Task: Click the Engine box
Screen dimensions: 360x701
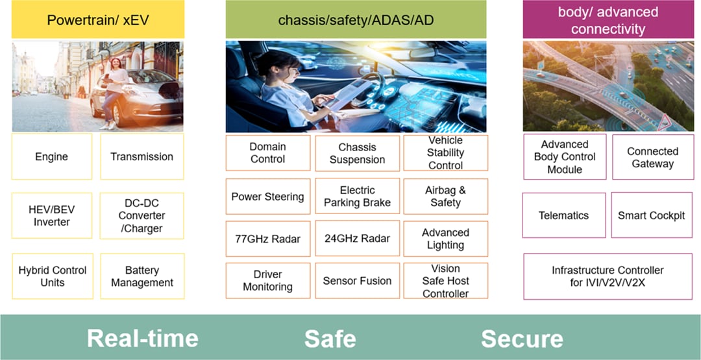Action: pos(52,156)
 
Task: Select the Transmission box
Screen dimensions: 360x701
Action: pos(141,156)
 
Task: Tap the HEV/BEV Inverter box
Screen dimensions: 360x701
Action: pos(52,215)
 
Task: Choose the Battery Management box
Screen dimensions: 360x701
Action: pos(141,276)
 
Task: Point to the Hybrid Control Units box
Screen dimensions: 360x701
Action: pos(52,276)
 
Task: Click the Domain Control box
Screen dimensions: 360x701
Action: pos(267,153)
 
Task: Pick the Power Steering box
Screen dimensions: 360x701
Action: pos(267,197)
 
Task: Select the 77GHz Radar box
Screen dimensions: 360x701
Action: pos(267,239)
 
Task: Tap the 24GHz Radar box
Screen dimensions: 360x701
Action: pos(357,239)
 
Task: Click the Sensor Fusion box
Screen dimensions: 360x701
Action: pos(357,281)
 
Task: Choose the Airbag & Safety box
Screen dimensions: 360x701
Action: pos(445,197)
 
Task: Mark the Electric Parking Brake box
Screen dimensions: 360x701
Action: pos(357,197)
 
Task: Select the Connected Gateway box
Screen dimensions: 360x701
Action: pos(652,157)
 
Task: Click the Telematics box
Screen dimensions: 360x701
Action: pos(563,215)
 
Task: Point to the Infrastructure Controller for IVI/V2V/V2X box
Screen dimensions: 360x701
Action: pos(608,276)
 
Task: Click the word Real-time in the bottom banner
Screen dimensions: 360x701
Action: pos(143,338)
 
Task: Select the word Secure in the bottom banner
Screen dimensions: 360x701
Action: pos(522,338)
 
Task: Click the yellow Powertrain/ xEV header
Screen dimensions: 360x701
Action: pos(98,20)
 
